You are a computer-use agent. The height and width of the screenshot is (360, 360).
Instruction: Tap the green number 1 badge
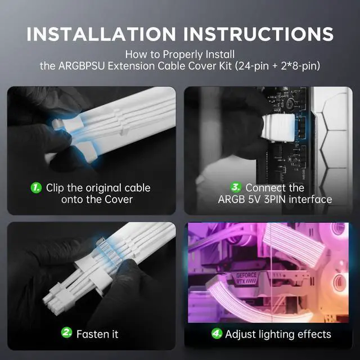click(x=37, y=187)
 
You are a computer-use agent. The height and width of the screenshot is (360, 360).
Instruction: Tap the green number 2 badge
click(x=67, y=334)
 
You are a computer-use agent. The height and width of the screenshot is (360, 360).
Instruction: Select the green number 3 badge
click(x=236, y=187)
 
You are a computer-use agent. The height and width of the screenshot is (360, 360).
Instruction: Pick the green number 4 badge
click(x=217, y=334)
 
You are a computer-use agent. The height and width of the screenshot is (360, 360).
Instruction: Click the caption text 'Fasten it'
click(x=98, y=334)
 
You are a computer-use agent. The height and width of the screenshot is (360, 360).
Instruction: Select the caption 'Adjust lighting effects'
click(x=278, y=334)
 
